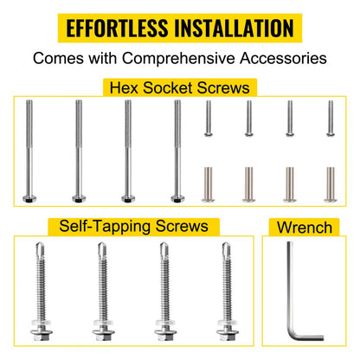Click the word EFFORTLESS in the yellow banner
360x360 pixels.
click(x=117, y=28)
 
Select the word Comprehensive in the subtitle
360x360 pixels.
click(x=178, y=59)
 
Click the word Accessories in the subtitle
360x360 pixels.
click(x=283, y=58)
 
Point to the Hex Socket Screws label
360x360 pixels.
click(x=180, y=87)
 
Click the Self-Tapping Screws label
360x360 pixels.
click(x=133, y=226)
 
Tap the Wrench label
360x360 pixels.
click(x=305, y=228)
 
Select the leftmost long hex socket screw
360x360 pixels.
click(x=29, y=151)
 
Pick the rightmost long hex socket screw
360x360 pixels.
click(x=177, y=151)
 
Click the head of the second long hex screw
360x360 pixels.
click(x=79, y=199)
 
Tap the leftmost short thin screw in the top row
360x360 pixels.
click(x=209, y=119)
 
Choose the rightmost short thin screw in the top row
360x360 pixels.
click(x=331, y=119)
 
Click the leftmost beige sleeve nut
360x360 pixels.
click(x=208, y=184)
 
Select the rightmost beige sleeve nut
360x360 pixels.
click(x=331, y=184)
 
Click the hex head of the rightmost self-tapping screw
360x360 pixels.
click(x=228, y=335)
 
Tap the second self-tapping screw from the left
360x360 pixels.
click(x=103, y=292)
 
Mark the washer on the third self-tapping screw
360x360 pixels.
click(x=165, y=322)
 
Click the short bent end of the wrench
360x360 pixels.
click(x=309, y=337)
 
